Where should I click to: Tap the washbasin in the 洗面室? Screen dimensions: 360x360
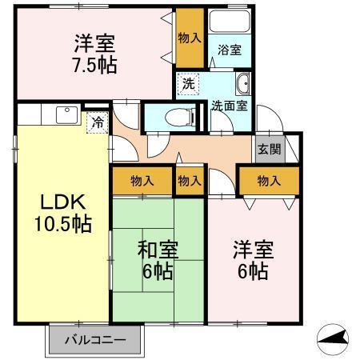tap(243, 83)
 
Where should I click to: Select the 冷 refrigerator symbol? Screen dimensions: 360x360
tap(97, 123)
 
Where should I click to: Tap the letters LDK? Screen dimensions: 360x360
tap(58, 201)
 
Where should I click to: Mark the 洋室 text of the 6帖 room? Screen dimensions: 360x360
tap(253, 250)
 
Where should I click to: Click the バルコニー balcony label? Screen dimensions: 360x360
tap(96, 340)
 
